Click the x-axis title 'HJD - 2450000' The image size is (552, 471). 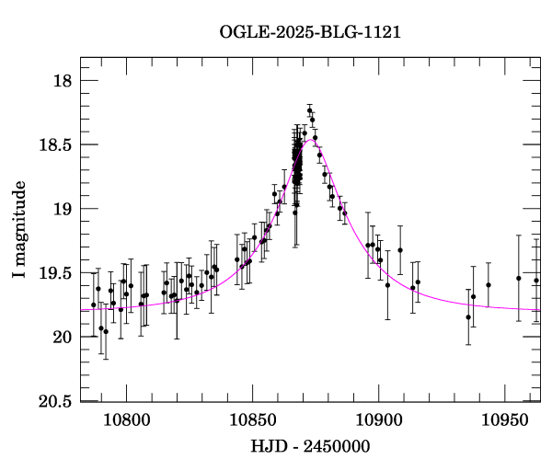(x=310, y=447)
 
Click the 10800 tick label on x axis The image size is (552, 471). (x=124, y=422)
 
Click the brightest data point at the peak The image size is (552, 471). (x=310, y=110)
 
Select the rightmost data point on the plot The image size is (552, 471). (x=536, y=280)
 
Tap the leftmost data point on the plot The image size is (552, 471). (x=93, y=304)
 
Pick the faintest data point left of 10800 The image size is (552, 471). (x=106, y=331)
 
